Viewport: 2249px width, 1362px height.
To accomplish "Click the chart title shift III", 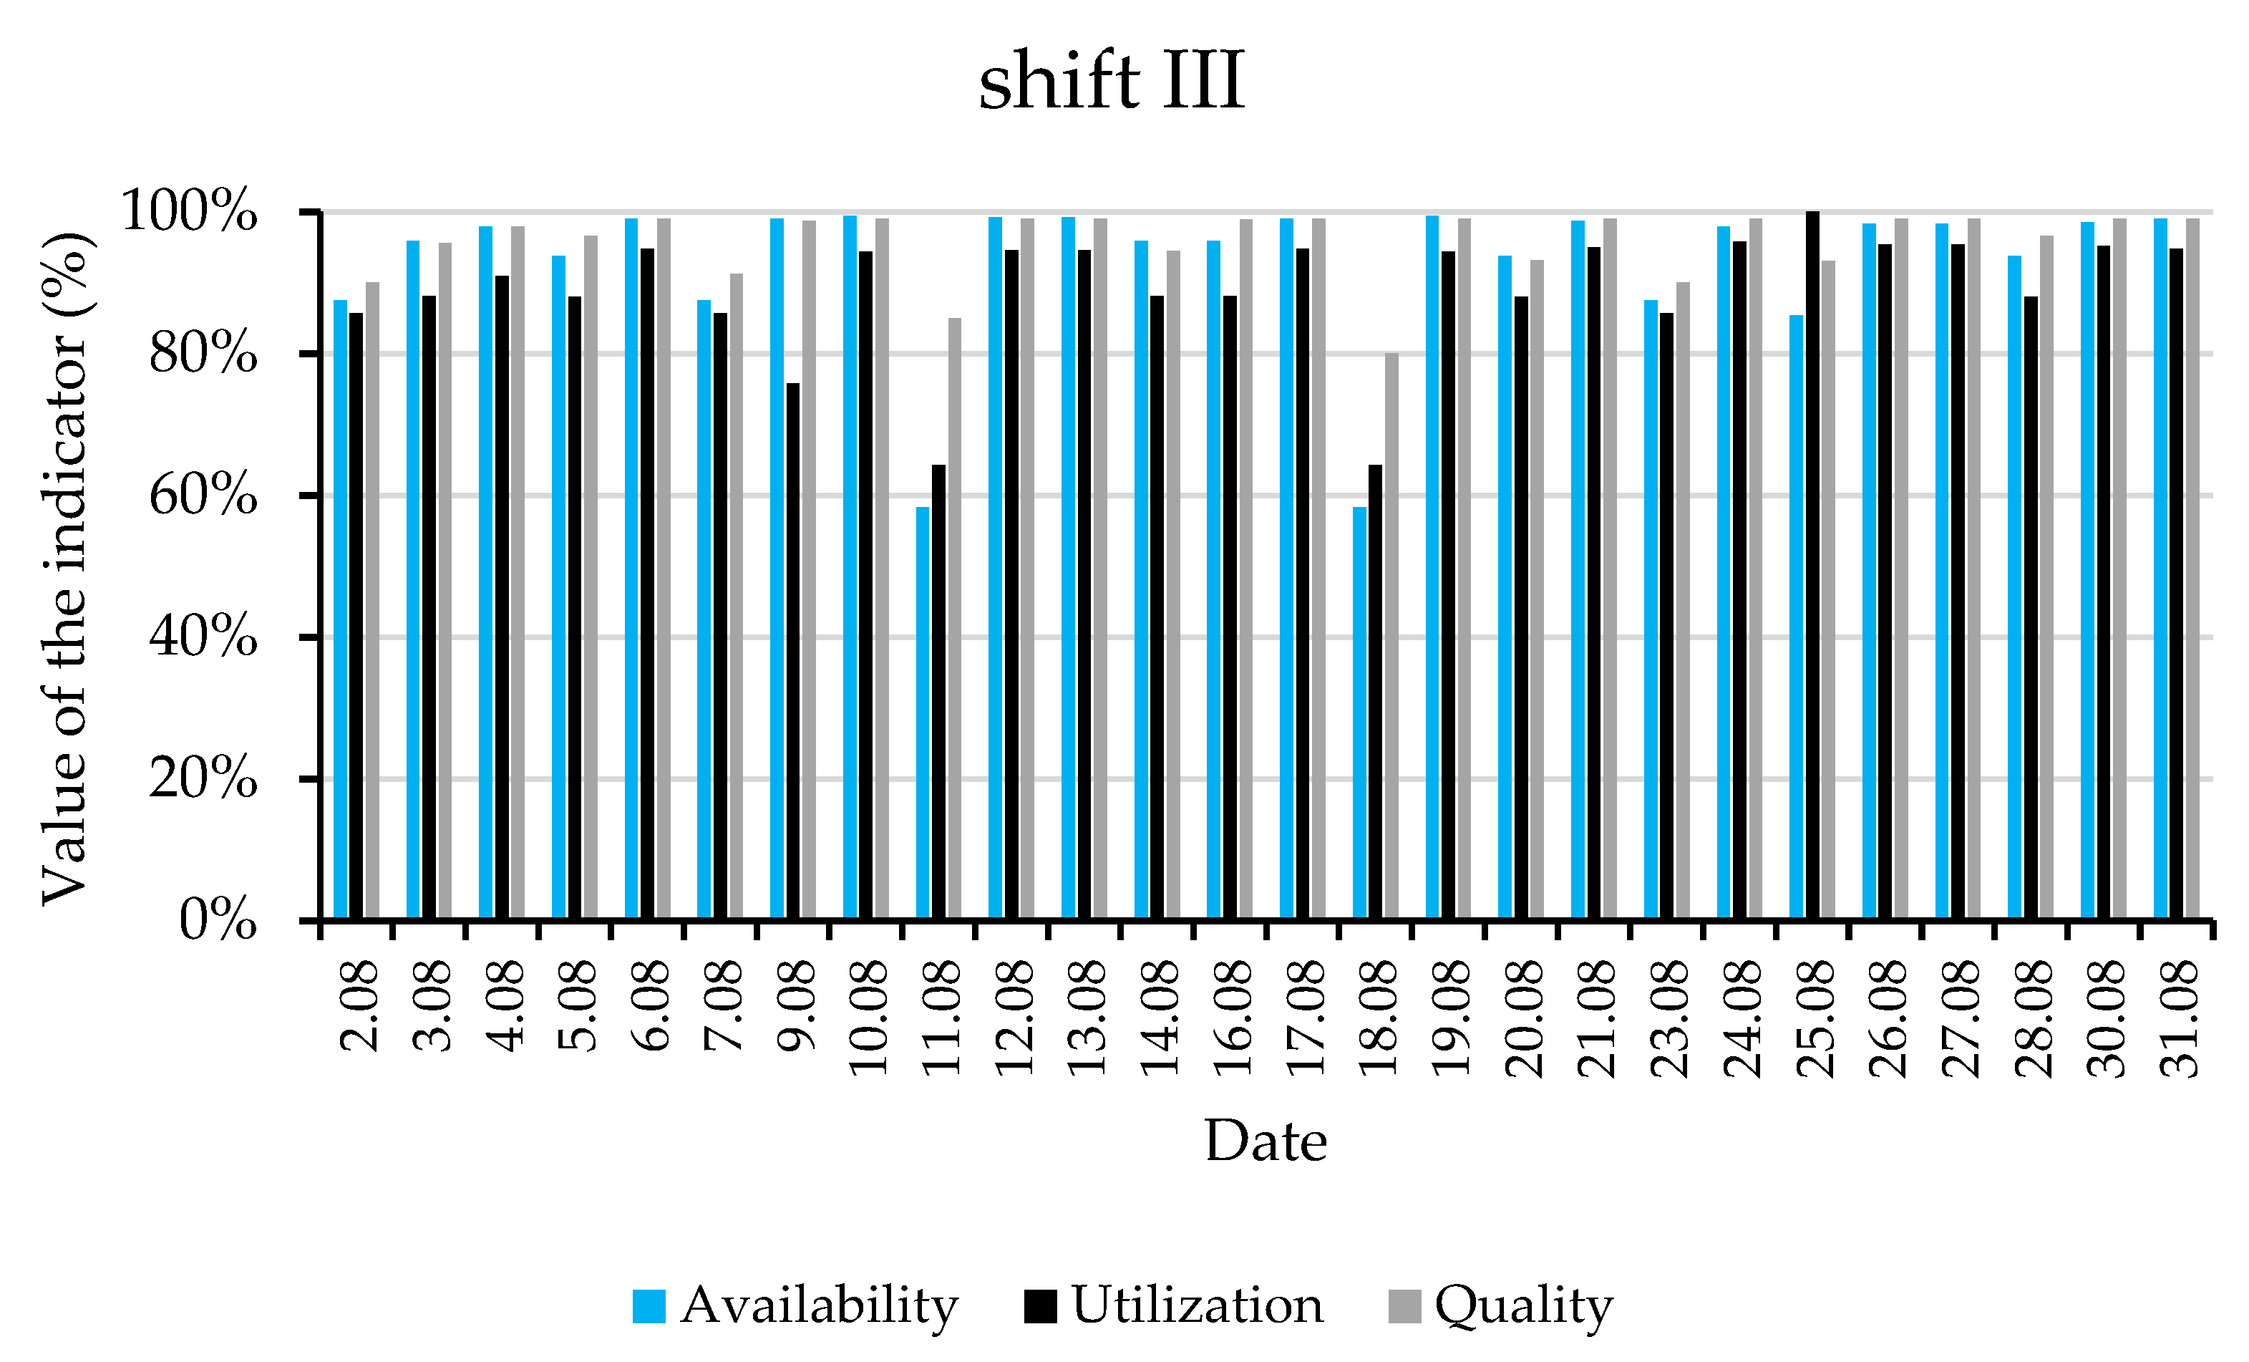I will tap(1111, 82).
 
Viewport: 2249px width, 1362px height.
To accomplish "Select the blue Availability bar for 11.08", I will tap(923, 712).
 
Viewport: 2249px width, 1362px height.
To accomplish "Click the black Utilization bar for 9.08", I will tap(793, 650).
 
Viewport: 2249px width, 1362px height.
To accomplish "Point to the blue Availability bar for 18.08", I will tap(1359, 712).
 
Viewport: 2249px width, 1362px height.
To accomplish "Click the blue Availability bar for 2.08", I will tap(339, 608).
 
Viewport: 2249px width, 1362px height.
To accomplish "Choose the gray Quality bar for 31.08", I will tap(2192, 568).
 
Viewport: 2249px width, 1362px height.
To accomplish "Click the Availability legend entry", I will tap(796, 1305).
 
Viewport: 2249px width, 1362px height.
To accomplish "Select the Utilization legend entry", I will tap(1175, 1305).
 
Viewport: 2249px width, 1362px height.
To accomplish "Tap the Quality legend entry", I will tap(1502, 1305).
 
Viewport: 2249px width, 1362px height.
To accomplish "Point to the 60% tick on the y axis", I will tap(203, 496).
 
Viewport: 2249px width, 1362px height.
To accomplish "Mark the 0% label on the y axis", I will tap(217, 919).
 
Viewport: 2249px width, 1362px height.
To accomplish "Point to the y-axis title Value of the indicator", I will tap(66, 568).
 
